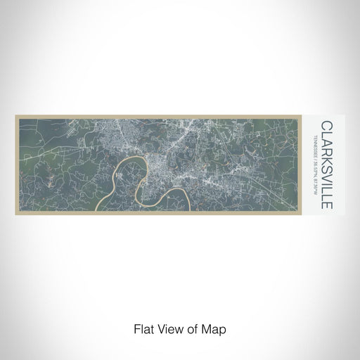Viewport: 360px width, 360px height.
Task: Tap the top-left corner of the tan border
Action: coord(15,115)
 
